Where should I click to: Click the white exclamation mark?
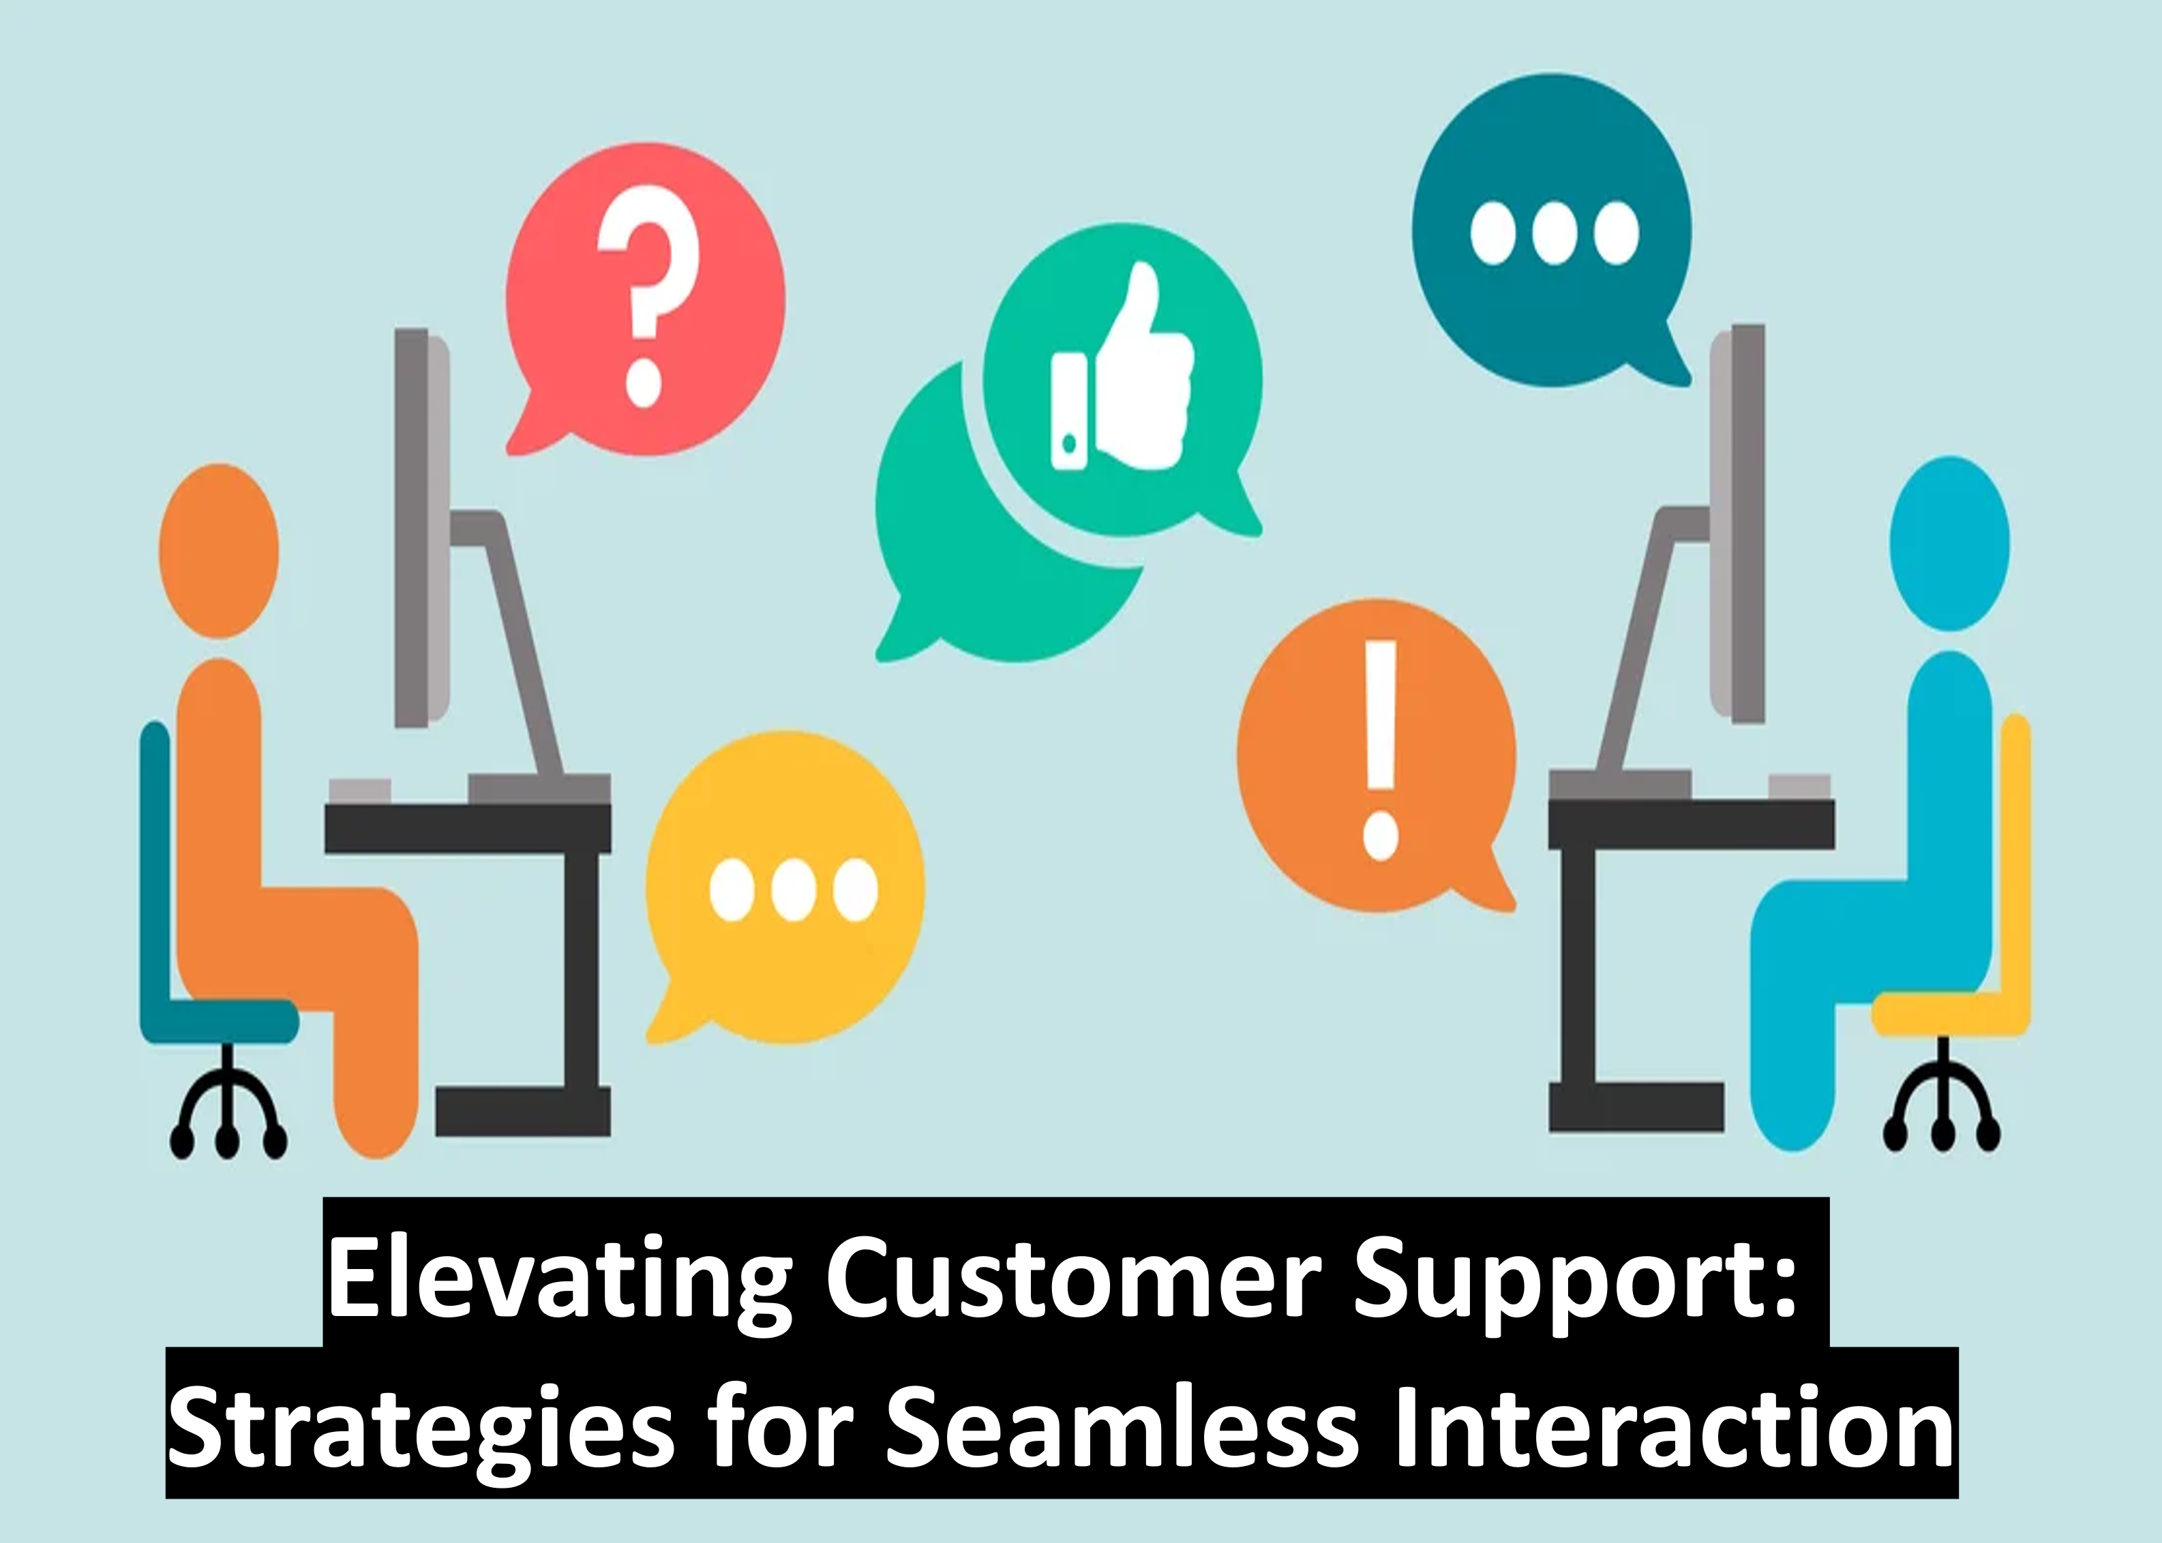[1380, 750]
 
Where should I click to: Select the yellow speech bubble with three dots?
[785, 888]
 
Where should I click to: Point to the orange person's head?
[219, 551]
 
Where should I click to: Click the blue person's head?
[1950, 543]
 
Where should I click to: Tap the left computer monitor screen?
[423, 528]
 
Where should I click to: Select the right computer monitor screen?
[1737, 525]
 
